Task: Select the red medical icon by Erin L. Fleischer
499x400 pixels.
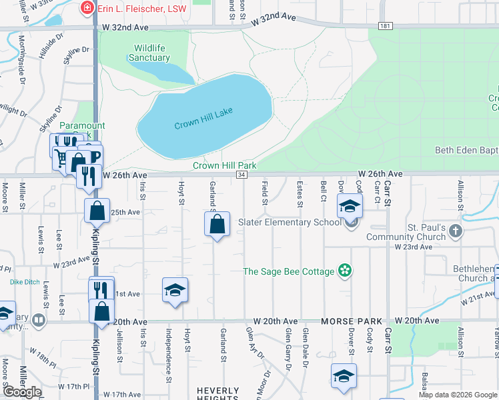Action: [86, 8]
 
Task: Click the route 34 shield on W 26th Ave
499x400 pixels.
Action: [241, 174]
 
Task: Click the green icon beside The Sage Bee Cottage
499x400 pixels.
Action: [345, 271]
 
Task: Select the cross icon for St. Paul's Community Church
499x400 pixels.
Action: [456, 231]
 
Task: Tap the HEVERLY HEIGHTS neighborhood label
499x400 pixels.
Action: [217, 394]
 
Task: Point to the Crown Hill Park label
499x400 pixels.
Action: [225, 165]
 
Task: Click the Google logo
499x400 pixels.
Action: [22, 392]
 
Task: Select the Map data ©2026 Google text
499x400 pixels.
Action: [458, 395]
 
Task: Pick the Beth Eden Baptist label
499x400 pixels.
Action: [466, 151]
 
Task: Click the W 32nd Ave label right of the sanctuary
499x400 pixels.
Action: [274, 21]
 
